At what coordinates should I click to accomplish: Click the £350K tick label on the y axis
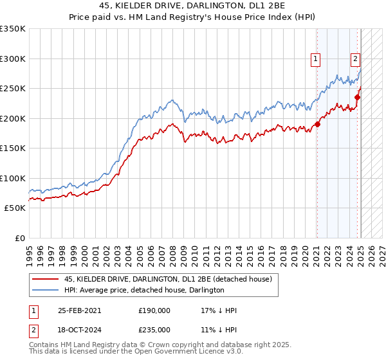pos(13,29)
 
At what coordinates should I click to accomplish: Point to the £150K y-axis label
pos(13,148)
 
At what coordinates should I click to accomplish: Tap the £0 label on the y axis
pos(20,238)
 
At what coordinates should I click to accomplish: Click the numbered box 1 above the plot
pos(316,60)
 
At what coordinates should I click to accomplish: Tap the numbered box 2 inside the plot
pos(355,60)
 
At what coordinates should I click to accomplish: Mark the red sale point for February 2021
pos(317,125)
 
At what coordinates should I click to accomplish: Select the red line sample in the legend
pos(44,279)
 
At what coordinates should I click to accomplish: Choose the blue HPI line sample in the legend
pos(44,290)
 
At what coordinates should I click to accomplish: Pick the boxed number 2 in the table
pos(33,330)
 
